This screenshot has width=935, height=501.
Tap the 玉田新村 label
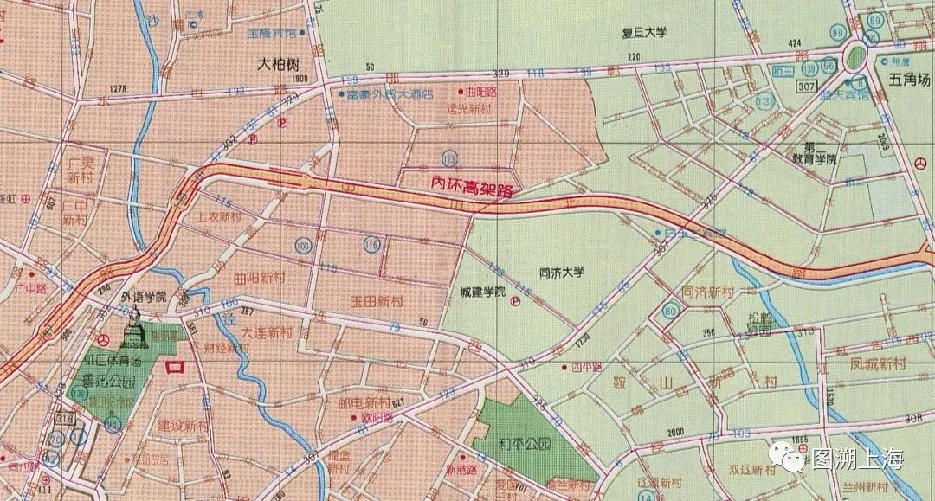point(377,301)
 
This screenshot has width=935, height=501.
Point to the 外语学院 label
point(144,296)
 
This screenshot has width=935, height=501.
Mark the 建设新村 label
point(184,426)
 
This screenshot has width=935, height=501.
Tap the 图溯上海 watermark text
point(856,459)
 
